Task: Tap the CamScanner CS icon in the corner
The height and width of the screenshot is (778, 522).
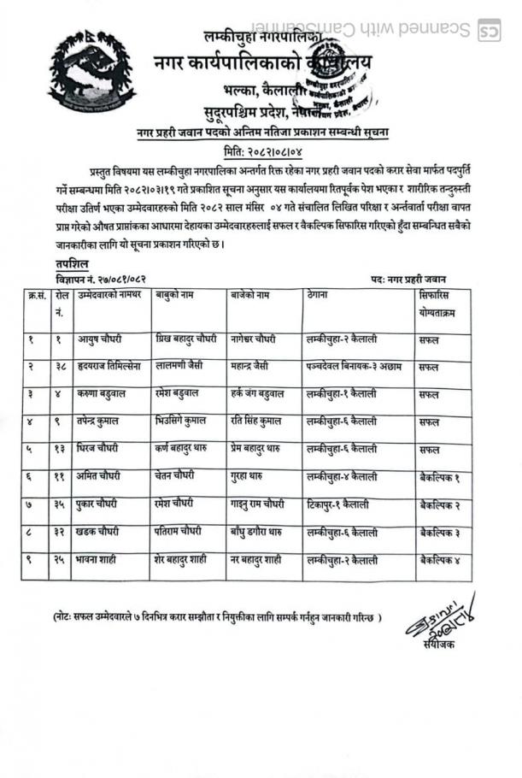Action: pyautogui.click(x=488, y=29)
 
